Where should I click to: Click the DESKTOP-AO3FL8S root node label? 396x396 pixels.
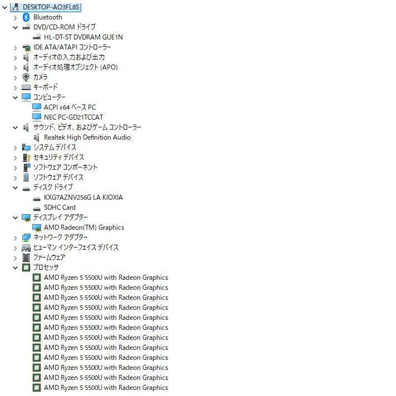point(51,7)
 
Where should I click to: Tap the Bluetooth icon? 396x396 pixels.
point(26,17)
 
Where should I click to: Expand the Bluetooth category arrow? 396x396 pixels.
point(16,17)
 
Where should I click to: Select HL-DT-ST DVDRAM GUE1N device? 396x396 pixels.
point(83,37)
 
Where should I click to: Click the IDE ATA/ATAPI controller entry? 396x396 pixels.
point(72,47)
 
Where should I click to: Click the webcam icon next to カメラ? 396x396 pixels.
point(26,77)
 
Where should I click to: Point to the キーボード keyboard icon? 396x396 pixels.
point(26,87)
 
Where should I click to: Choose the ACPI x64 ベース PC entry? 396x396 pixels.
point(70,107)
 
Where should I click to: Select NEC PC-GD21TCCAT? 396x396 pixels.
point(73,117)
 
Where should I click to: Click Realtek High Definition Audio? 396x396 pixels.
point(87,137)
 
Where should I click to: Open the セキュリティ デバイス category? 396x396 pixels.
point(58,157)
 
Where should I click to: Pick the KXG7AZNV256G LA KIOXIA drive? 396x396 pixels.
point(83,197)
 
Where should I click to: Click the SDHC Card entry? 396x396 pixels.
point(60,207)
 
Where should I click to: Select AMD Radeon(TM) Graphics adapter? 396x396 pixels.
point(84,227)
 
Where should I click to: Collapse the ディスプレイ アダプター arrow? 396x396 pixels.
point(16,217)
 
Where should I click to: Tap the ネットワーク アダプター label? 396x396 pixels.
point(61,237)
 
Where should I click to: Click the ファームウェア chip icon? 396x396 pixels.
point(26,258)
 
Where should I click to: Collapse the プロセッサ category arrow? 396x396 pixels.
point(16,268)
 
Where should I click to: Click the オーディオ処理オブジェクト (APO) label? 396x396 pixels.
point(76,67)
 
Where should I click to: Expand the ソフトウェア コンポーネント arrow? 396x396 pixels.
point(16,168)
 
